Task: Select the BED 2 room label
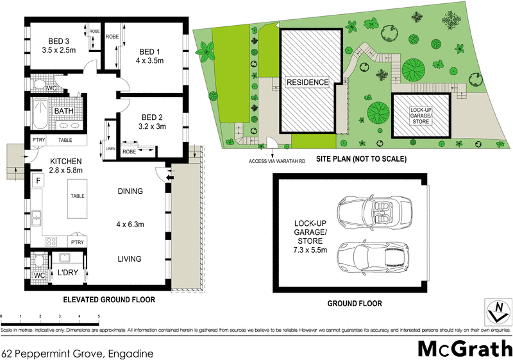click(153, 117)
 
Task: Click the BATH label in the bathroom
click(63, 111)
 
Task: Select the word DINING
click(130, 191)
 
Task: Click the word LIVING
click(130, 259)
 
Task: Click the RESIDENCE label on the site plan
click(307, 83)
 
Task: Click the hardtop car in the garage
click(373, 255)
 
